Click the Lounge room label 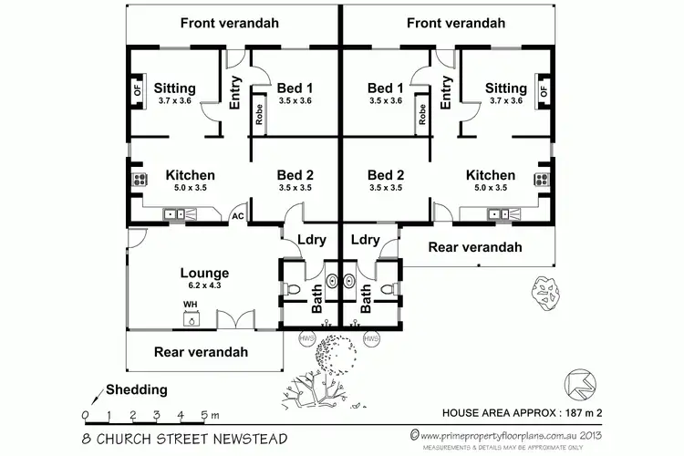tap(204, 273)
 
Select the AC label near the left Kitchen tap(237, 216)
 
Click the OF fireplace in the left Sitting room tap(139, 91)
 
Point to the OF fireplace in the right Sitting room tap(544, 91)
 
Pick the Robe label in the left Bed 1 tap(259, 115)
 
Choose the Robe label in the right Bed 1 tap(423, 115)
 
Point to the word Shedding tap(137, 389)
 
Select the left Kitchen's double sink tap(173, 214)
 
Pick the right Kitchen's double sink tap(499, 214)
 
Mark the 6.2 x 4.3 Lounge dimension tap(204, 285)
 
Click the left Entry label tap(234, 94)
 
